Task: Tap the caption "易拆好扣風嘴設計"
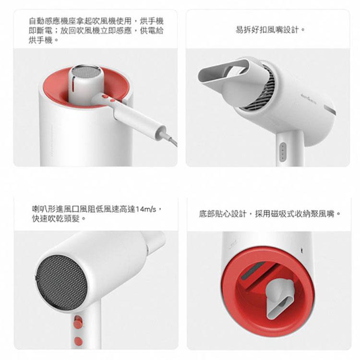point(270,30)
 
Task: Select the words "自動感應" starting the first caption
point(42,21)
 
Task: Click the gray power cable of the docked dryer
point(170,139)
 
